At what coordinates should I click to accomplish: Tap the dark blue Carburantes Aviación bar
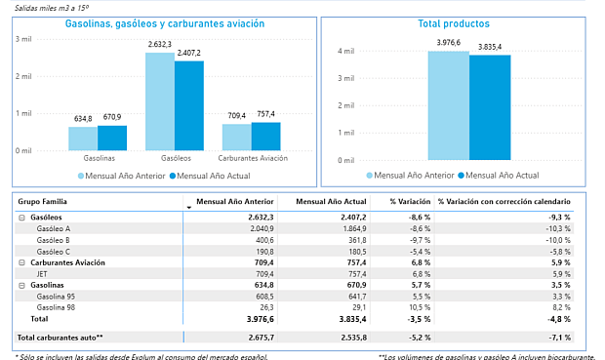tap(265, 136)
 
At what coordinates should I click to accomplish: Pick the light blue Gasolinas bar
tap(83, 139)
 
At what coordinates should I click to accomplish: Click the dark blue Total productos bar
tap(490, 107)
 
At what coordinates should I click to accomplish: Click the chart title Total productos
tap(453, 22)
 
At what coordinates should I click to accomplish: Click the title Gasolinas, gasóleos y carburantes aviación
tap(150, 22)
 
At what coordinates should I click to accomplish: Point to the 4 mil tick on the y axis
tap(346, 51)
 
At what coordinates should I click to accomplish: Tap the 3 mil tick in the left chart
tap(23, 38)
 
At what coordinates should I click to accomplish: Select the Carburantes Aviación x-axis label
tap(253, 157)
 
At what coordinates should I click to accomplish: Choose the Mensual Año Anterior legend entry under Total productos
tap(410, 176)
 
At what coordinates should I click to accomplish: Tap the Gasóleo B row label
tap(54, 239)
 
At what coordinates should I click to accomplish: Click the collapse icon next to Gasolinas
tap(21, 284)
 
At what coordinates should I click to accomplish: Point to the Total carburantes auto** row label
tap(60, 337)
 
